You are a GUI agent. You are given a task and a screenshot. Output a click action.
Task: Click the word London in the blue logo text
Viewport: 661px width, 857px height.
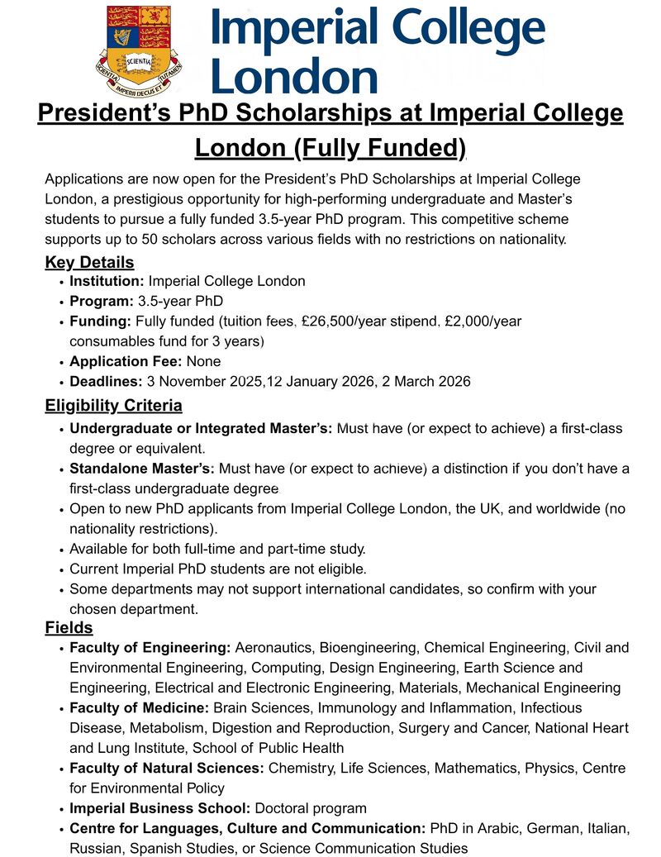[x=294, y=77]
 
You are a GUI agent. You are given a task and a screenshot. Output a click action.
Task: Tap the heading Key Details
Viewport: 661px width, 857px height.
[x=89, y=263]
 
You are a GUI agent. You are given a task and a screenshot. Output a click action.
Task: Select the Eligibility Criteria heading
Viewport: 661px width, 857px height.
[x=113, y=406]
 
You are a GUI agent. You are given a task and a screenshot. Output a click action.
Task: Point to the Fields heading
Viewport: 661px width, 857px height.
[x=69, y=629]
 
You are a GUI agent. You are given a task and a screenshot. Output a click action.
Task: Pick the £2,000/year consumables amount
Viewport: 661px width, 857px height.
[x=483, y=321]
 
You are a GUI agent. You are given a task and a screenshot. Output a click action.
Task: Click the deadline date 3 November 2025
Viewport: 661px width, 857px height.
[x=203, y=382]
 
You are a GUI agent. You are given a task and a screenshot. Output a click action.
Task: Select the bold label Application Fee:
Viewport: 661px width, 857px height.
[x=126, y=361]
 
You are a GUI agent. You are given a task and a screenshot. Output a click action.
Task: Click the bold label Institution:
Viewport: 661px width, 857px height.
[x=107, y=281]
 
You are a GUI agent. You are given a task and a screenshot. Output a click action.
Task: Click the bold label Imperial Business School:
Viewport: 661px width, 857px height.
[x=160, y=808]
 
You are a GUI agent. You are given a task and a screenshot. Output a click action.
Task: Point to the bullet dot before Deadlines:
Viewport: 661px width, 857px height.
[x=62, y=383]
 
